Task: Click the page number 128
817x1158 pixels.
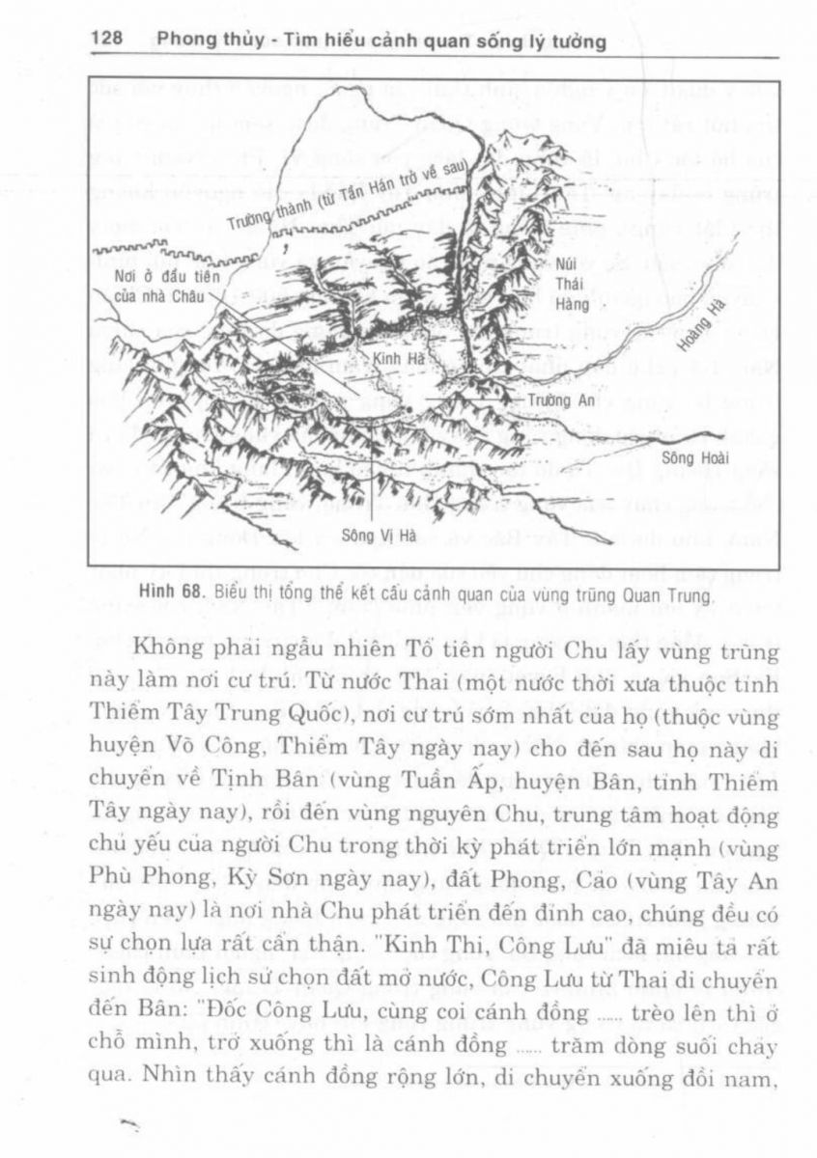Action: tap(106, 42)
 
